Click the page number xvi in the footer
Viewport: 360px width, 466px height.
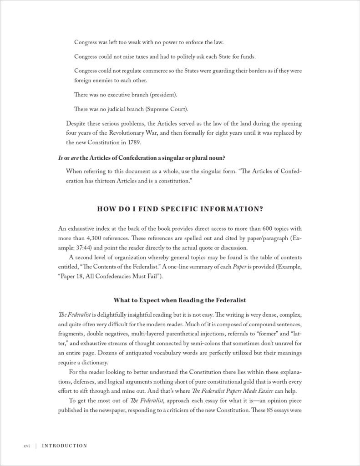26,446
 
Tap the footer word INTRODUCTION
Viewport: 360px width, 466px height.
64,446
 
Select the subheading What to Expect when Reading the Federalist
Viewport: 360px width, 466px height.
180,300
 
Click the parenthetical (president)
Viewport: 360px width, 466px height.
161,95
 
